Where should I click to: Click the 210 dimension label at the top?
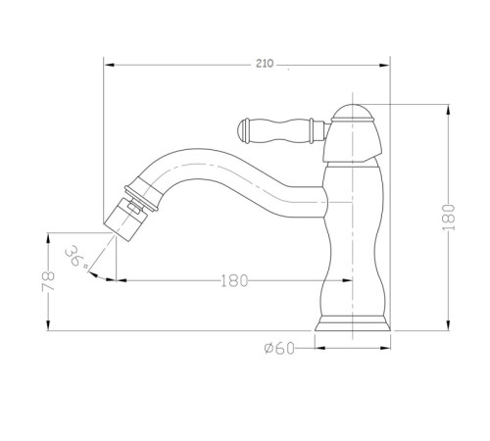coord(265,64)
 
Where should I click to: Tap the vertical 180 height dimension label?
coord(449,218)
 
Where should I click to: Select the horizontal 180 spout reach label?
coord(234,280)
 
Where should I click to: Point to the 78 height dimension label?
coord(48,280)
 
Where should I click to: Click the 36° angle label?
coord(75,257)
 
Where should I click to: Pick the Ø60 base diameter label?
coord(279,348)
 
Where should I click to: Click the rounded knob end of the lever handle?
coord(243,131)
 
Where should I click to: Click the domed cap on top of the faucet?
coord(353,113)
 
